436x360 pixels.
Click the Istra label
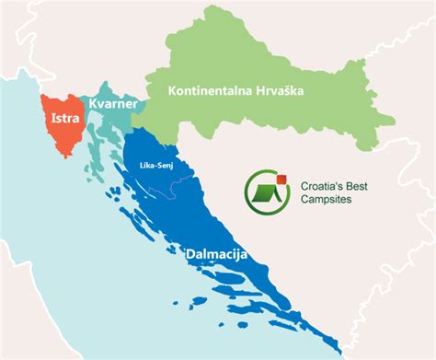tap(63, 119)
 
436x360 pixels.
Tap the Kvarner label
tap(114, 107)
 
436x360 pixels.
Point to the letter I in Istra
tap(51, 119)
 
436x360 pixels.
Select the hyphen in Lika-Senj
tap(155, 167)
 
